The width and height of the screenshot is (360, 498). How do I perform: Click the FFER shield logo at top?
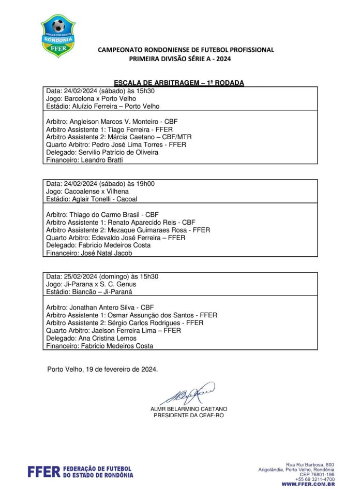pos(58,35)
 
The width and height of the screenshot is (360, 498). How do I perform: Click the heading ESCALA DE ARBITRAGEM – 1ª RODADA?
pos(178,83)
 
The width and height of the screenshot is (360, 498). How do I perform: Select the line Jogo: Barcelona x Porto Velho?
pos(91,98)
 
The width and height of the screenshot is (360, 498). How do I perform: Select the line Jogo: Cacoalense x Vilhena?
pos(87,191)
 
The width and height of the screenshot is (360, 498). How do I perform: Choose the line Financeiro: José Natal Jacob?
pos(89,253)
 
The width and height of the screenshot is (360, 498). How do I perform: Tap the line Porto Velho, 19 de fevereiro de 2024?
pos(102,369)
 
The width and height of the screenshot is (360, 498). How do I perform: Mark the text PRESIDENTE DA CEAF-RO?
pos(188,415)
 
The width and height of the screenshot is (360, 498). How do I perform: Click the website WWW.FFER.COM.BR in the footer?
pos(308,484)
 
